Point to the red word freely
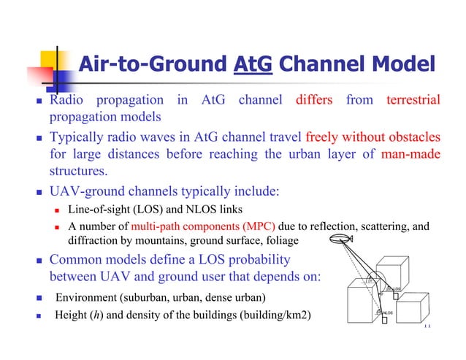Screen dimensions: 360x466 (x=324, y=137)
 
